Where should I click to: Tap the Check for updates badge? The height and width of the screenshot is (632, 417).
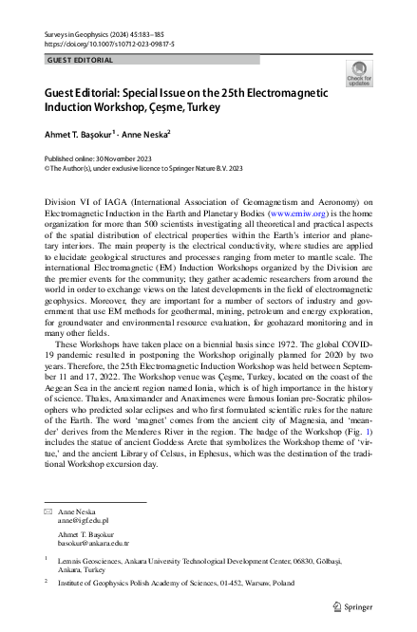point(358,74)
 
